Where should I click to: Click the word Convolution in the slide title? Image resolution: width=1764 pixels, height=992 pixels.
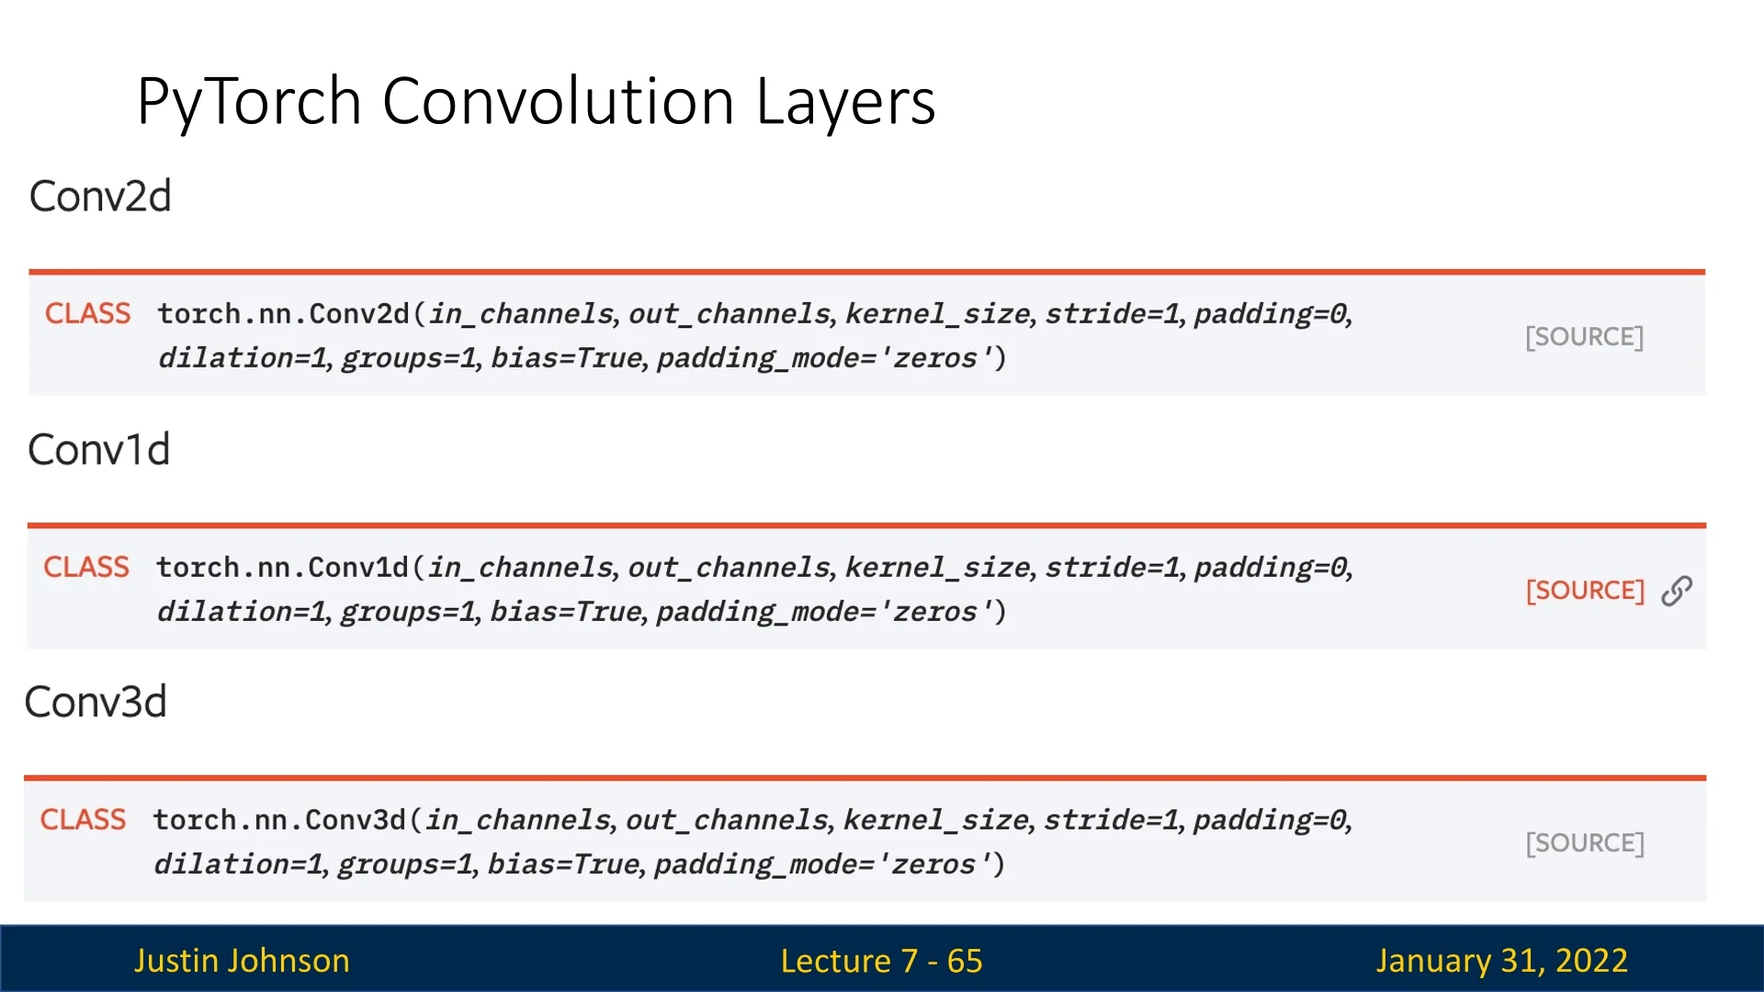(558, 100)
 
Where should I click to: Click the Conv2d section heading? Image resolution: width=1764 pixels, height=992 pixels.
(100, 197)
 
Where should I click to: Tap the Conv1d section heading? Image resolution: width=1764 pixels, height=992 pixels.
(99, 450)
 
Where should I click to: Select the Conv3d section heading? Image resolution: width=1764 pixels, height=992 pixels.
(96, 703)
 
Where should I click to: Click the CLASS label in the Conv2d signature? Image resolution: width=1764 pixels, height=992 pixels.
(88, 313)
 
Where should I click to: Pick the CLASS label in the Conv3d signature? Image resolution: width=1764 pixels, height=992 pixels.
(83, 819)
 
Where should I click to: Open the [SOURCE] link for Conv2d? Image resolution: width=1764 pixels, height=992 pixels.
(1585, 337)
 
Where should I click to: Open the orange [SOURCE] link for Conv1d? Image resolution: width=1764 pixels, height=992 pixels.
(1585, 591)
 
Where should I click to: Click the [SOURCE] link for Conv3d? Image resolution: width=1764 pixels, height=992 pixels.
(1585, 843)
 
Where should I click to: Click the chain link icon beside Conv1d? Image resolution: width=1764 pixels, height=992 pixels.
(1677, 592)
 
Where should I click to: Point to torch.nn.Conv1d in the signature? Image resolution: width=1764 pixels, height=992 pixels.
(282, 568)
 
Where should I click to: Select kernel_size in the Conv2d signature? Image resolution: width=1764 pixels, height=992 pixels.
(937, 314)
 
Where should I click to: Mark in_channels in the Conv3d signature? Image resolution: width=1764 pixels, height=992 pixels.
(518, 820)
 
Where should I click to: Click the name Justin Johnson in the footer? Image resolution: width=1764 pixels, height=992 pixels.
(242, 961)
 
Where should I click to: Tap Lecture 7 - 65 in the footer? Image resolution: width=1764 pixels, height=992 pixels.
(882, 961)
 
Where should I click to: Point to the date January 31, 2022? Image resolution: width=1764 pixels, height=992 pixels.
(1502, 961)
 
